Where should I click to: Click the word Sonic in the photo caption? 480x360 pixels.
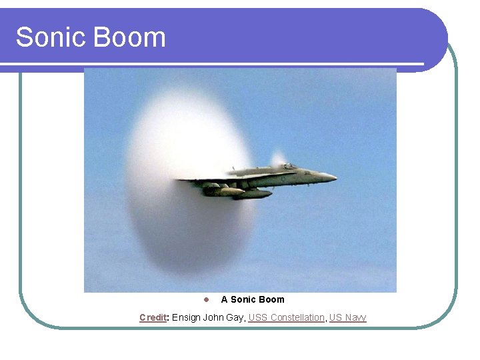243,299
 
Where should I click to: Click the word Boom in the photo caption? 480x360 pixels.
272,299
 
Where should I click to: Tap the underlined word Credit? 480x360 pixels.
153,317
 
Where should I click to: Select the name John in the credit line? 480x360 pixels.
213,317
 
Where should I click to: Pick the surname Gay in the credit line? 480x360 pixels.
235,317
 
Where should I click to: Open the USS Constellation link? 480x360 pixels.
286,317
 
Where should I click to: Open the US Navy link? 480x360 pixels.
347,317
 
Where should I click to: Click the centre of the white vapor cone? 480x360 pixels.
190,183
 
